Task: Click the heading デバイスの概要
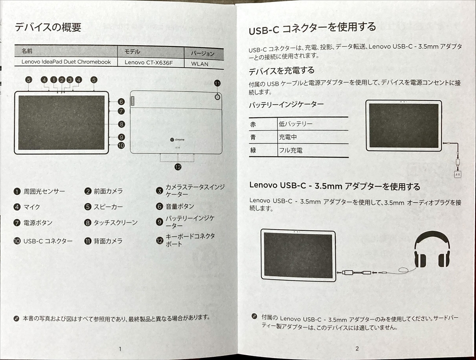tap(48, 27)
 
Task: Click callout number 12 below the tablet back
tap(178, 167)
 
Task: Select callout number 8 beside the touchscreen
tap(121, 124)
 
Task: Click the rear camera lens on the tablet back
tap(217, 97)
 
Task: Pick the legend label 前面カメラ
tap(108, 191)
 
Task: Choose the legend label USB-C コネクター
tap(48, 241)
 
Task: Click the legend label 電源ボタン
tap(38, 223)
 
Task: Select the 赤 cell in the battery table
tap(253, 124)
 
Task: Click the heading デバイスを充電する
tap(281, 71)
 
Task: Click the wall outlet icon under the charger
tap(458, 174)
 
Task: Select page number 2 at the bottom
tap(357, 349)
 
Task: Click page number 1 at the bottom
tap(120, 349)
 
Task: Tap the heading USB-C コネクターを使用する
tap(312, 28)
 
